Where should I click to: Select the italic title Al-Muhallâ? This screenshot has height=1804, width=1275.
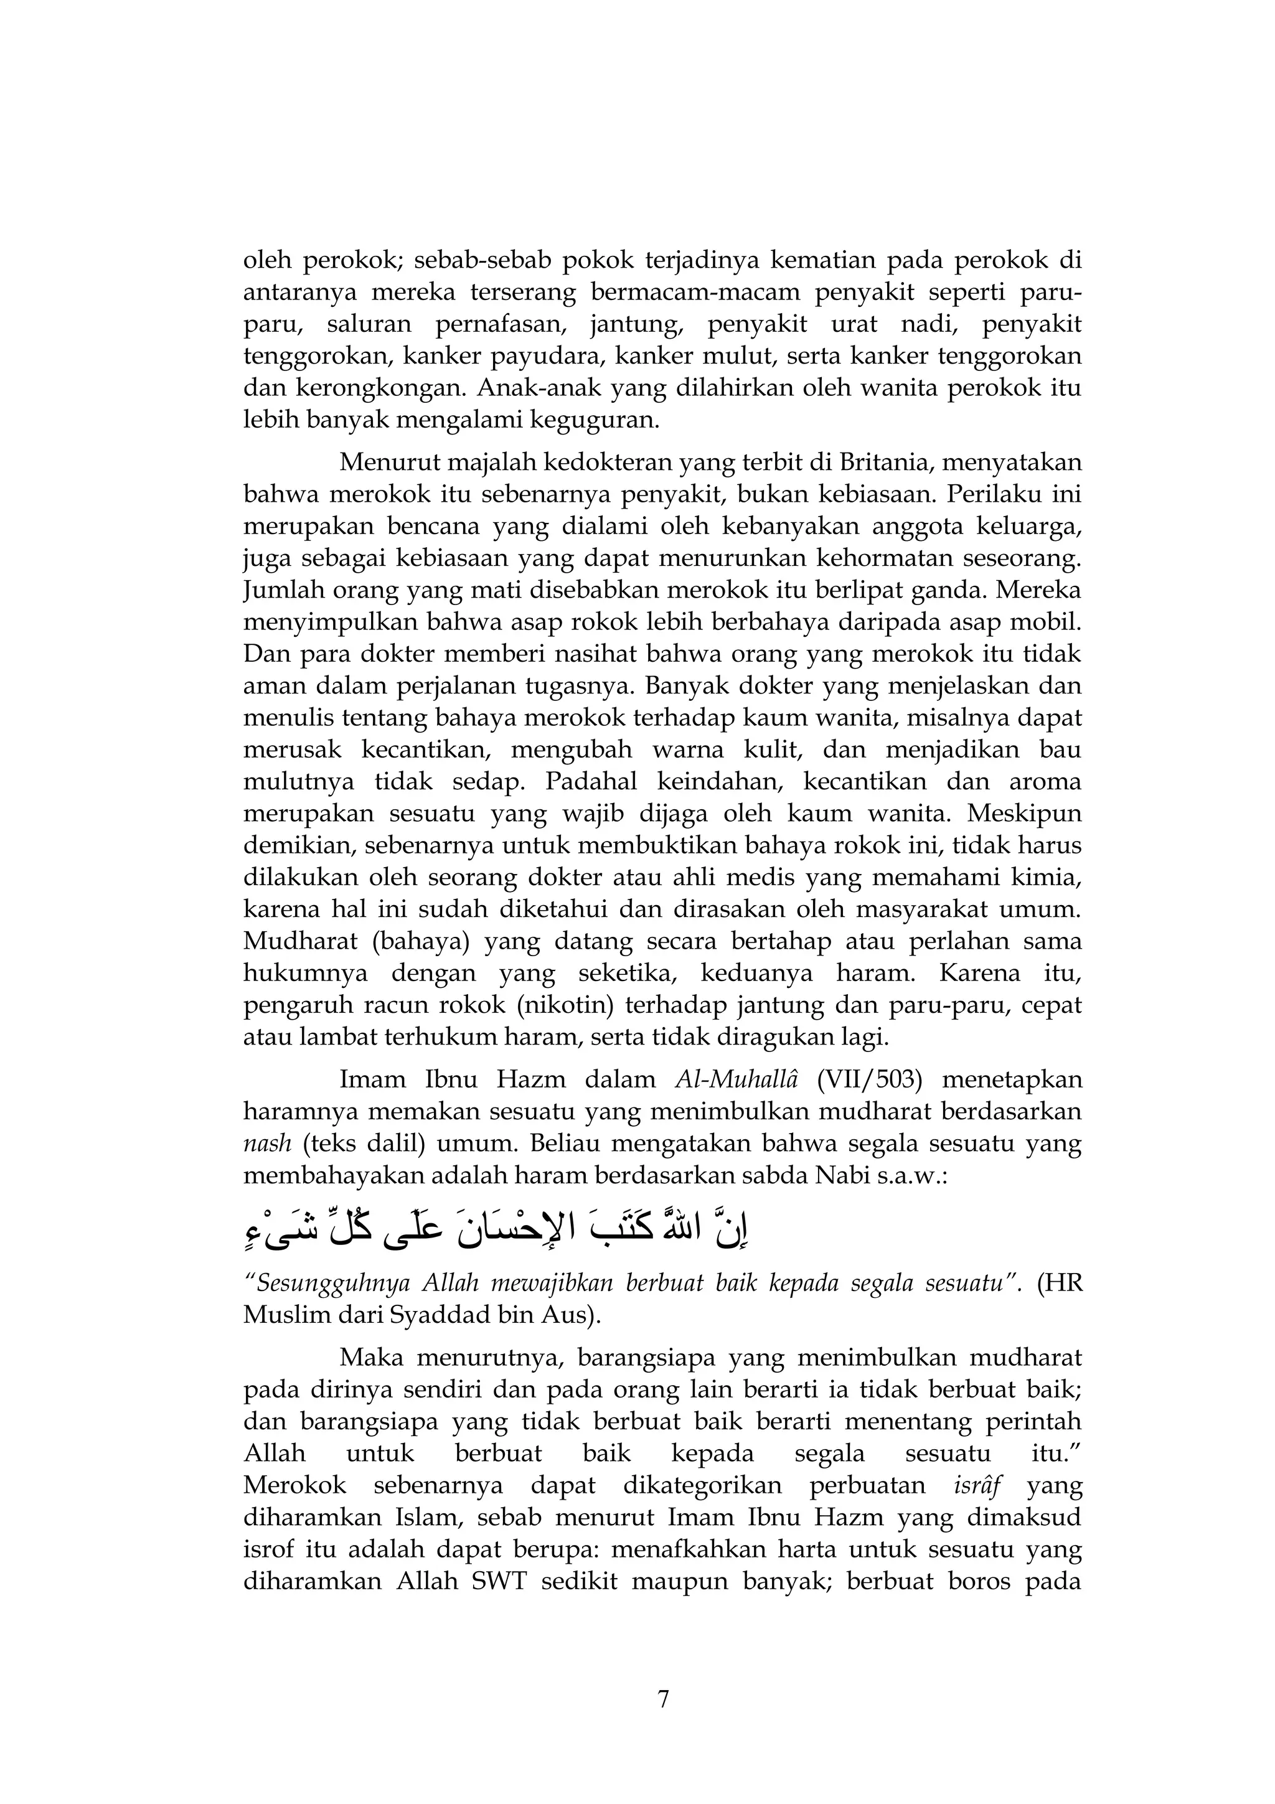736,1079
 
